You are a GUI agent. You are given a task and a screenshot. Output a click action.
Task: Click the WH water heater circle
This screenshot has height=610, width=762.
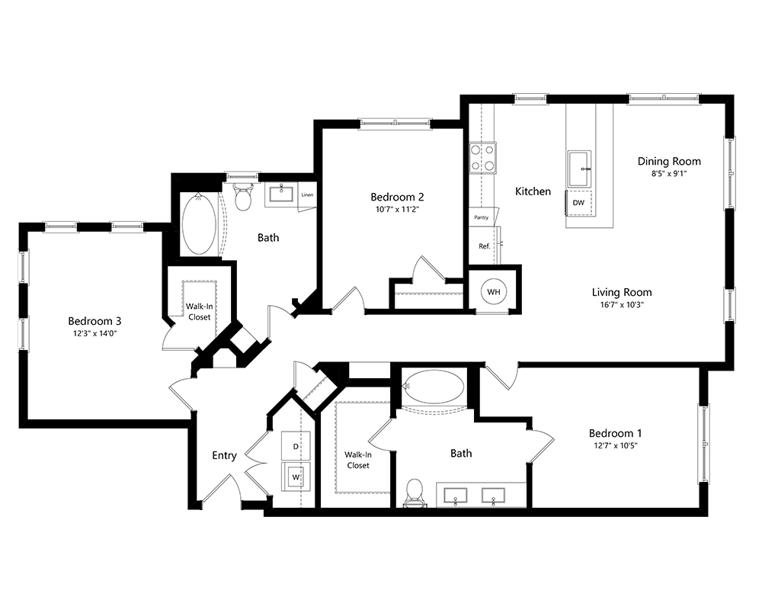(494, 291)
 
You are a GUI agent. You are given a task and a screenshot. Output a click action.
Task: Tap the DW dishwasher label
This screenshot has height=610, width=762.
(578, 203)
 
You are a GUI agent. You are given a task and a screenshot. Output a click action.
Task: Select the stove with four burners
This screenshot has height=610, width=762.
(482, 157)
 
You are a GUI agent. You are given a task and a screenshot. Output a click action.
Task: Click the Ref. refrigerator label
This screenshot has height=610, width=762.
(484, 246)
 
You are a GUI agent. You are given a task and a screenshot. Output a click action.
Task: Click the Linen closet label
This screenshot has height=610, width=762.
(307, 194)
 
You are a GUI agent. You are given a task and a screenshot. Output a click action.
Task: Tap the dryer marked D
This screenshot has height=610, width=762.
(296, 445)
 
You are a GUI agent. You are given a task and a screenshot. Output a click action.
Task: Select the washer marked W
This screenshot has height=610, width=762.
(296, 478)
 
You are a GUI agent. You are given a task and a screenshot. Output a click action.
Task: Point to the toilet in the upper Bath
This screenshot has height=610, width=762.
(244, 197)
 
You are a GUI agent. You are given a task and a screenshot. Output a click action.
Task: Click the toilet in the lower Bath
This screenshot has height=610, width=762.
(415, 491)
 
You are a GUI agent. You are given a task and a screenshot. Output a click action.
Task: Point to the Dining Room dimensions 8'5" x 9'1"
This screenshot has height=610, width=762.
(669, 174)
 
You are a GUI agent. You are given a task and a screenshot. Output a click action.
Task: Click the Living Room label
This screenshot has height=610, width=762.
(622, 292)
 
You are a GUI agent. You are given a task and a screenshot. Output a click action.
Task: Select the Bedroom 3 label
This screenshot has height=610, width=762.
(94, 320)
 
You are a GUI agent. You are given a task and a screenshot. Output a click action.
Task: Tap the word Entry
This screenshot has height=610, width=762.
(224, 455)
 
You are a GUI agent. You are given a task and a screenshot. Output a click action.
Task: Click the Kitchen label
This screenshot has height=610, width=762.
(533, 191)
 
